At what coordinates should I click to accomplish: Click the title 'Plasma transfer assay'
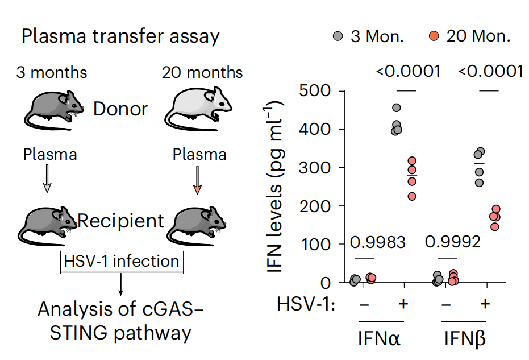tap(120, 36)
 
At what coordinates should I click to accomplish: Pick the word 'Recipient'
tap(120, 221)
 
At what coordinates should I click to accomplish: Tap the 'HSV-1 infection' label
tap(121, 262)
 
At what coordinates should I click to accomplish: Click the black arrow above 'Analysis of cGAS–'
tap(120, 285)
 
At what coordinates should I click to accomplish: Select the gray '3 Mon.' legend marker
tap(338, 37)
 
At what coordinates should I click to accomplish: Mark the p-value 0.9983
tap(377, 242)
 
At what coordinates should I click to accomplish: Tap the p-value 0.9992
tap(453, 242)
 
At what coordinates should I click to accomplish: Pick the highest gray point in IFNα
tap(397, 107)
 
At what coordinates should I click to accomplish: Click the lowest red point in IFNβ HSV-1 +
tap(494, 226)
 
